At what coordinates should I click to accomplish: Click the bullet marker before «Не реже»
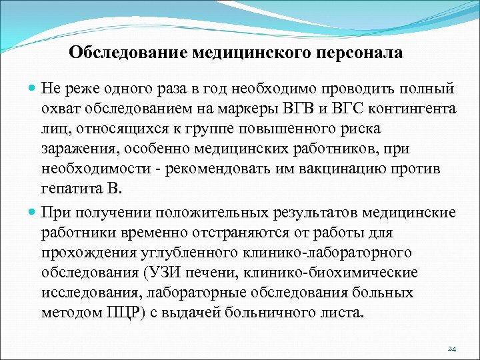33,89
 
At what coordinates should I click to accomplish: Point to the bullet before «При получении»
33,213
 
